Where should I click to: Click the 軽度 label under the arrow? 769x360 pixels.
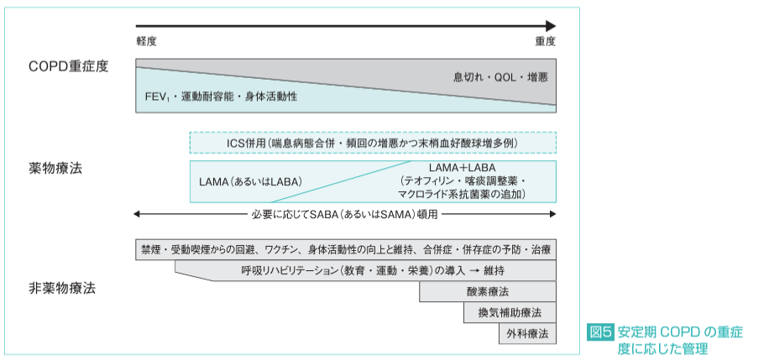pyautogui.click(x=147, y=41)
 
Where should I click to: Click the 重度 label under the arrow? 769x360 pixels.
pyautogui.click(x=545, y=41)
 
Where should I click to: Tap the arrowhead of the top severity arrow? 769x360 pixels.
pyautogui.click(x=550, y=26)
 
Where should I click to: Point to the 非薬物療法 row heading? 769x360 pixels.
pyautogui.click(x=62, y=288)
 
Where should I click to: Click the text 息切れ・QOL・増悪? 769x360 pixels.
pyautogui.click(x=500, y=77)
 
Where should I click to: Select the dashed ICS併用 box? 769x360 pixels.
pyautogui.click(x=372, y=143)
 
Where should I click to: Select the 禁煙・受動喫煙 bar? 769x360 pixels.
pyautogui.click(x=345, y=250)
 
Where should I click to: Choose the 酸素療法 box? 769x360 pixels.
pyautogui.click(x=488, y=292)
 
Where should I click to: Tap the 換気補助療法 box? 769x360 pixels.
pyautogui.click(x=510, y=313)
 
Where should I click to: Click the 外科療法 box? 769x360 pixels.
pyautogui.click(x=526, y=334)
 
